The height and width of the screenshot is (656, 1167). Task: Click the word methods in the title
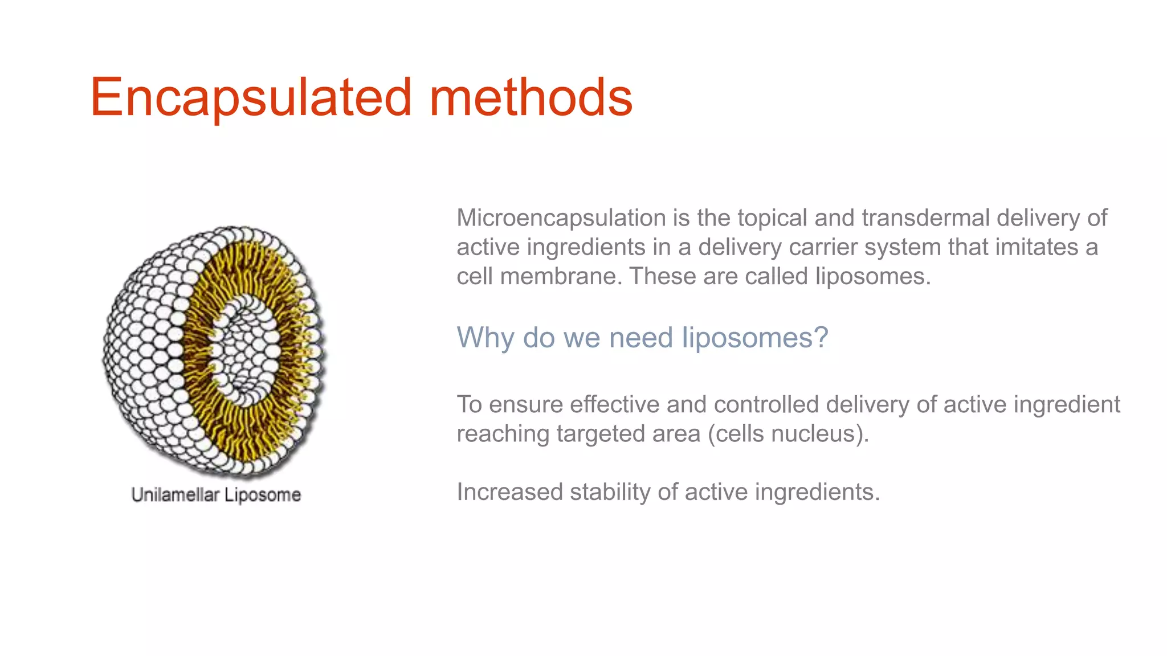pyautogui.click(x=531, y=98)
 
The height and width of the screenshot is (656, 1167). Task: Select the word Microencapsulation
pyautogui.click(x=561, y=218)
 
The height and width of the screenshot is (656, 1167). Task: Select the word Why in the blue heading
pyautogui.click(x=485, y=338)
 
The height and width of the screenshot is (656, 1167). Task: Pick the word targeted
pyautogui.click(x=601, y=434)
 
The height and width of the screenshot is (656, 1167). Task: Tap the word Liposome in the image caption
pyautogui.click(x=262, y=495)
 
